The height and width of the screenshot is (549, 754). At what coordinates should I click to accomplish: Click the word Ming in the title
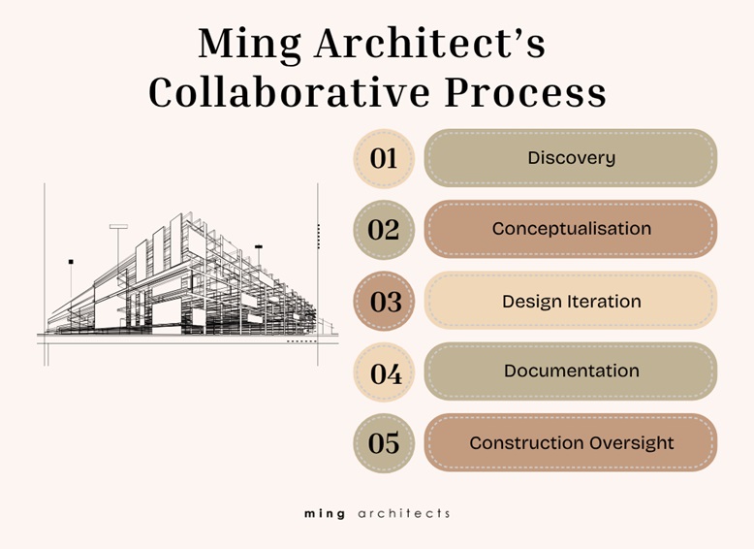click(250, 45)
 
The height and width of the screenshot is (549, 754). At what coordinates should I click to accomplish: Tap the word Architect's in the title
click(430, 44)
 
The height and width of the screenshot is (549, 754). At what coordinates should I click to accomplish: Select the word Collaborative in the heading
click(290, 92)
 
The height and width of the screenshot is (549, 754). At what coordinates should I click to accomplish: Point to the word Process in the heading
click(525, 92)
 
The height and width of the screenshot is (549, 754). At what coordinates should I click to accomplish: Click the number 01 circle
click(384, 158)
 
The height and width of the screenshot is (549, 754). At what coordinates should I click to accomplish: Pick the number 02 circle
click(384, 230)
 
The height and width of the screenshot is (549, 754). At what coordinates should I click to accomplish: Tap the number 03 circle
click(384, 302)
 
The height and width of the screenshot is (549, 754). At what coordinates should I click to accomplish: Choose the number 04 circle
click(384, 372)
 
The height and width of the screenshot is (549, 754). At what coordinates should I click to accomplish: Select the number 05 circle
click(384, 443)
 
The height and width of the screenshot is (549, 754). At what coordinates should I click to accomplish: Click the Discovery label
click(571, 158)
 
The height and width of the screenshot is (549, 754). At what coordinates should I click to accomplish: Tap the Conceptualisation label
click(571, 229)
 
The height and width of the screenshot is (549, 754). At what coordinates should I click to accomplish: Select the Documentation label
click(571, 371)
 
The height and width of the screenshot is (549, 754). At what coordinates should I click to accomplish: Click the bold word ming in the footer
click(325, 514)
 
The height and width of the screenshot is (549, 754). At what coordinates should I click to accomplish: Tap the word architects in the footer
click(404, 513)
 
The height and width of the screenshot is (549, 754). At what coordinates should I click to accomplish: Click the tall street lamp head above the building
click(118, 226)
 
